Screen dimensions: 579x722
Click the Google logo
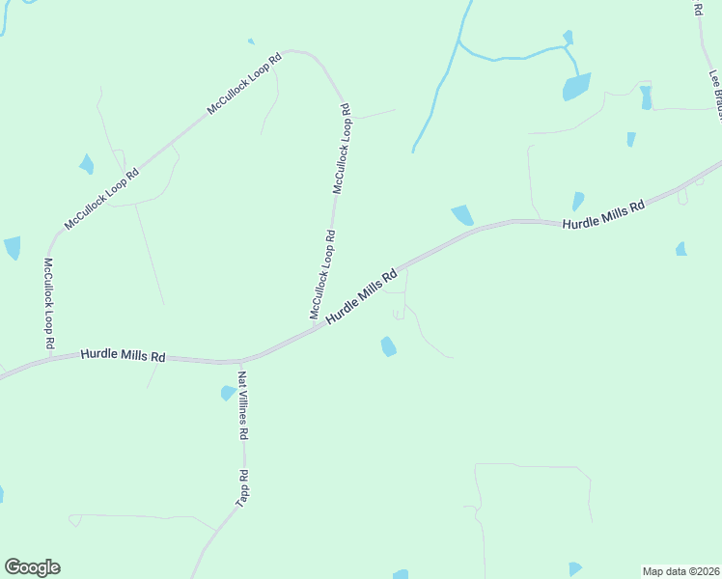pos(32,567)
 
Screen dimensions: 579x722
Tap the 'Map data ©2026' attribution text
pos(681,570)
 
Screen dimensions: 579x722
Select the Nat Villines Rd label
pos(243,405)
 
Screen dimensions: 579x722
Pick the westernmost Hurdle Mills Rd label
pos(123,355)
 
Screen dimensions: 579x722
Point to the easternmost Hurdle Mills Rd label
pos(603,215)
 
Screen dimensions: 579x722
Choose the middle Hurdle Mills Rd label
pos(362,296)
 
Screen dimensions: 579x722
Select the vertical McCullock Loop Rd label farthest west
pos(48,303)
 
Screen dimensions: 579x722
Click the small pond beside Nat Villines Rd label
pos(228,393)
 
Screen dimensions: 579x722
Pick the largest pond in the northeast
pos(576,87)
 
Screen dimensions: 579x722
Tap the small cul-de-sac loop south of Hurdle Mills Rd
pos(399,313)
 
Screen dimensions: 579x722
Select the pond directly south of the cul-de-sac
pos(388,345)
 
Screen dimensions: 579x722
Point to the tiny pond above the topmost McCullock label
pos(251,41)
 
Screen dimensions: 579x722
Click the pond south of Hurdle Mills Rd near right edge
pos(681,249)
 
